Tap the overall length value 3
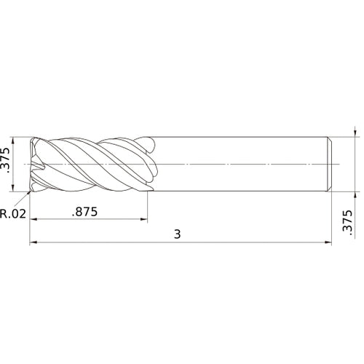coord(177,234)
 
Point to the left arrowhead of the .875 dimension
coord(33,219)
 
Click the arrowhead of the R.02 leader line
coord(30,192)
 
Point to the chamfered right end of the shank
coord(331,165)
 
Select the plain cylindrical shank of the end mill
coord(240,165)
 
